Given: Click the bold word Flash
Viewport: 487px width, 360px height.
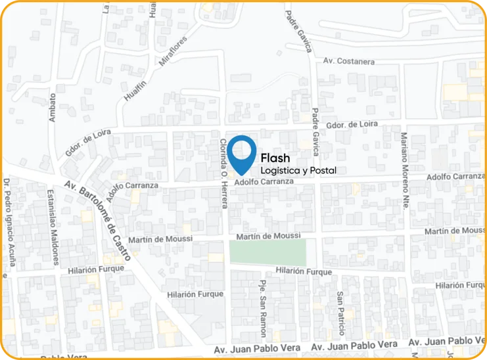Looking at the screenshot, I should click(x=275, y=158).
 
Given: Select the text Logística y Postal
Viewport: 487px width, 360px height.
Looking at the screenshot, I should click(x=298, y=171).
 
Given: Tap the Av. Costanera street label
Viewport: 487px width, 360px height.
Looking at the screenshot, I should click(x=349, y=61).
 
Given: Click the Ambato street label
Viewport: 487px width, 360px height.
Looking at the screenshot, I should click(x=53, y=107).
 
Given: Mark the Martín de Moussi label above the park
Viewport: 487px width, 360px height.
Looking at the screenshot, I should click(x=268, y=236).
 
